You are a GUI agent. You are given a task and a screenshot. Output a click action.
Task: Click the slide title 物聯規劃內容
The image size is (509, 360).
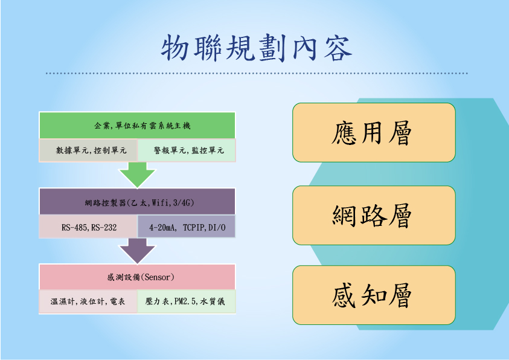tap(257, 48)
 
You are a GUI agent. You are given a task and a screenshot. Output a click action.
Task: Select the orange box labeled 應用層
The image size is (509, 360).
tap(374, 132)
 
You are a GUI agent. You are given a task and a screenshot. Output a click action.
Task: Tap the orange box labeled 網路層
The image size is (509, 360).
tap(374, 215)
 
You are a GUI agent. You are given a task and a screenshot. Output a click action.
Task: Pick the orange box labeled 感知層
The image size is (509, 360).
tap(374, 295)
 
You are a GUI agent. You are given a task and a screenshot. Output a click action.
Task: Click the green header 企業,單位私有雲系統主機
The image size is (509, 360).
tap(137, 125)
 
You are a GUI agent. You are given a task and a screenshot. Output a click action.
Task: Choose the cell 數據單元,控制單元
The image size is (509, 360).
tap(88, 150)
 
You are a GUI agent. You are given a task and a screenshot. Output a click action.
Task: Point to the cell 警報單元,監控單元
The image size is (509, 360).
tap(187, 150)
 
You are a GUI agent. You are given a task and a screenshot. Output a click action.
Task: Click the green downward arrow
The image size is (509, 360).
tap(137, 175)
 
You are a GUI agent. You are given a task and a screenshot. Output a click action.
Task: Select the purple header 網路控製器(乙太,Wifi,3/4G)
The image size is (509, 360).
tap(137, 202)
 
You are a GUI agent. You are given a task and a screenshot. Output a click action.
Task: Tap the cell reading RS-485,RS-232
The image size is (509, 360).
tap(88, 227)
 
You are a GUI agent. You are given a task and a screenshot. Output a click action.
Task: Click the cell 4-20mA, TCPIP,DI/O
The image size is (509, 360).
tap(187, 227)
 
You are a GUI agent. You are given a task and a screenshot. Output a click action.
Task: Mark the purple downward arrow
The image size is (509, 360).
tap(137, 251)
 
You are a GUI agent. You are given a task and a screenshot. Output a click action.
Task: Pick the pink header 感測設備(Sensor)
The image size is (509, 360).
tap(137, 277)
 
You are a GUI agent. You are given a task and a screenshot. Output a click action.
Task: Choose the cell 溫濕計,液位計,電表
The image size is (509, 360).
tap(88, 301)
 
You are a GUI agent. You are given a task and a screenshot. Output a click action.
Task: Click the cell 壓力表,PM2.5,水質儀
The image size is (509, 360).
tap(187, 301)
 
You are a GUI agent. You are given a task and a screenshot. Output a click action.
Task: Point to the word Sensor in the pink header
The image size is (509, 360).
tap(158, 277)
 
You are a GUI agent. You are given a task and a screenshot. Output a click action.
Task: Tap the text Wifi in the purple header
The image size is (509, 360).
tap(161, 203)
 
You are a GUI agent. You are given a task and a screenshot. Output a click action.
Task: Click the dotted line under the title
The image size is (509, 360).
tap(257, 73)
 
